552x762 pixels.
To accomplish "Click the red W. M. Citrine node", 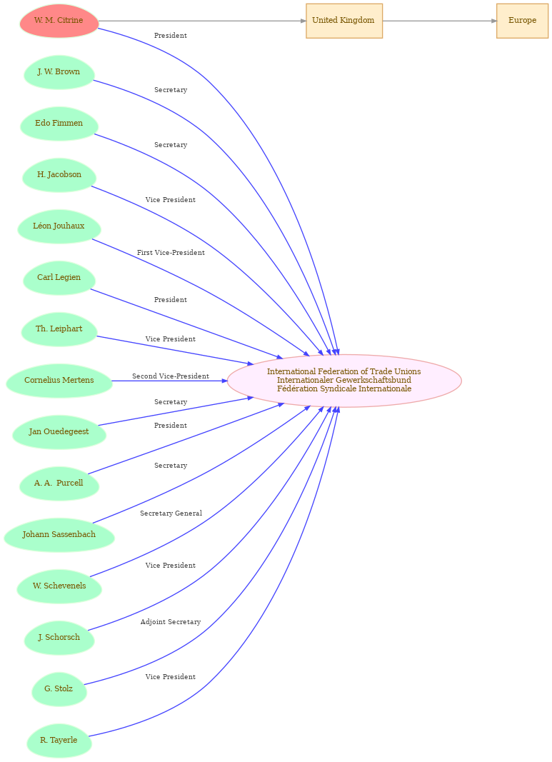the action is tap(59, 21).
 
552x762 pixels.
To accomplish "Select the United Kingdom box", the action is tap(344, 21).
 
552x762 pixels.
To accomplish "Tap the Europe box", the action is tap(522, 21).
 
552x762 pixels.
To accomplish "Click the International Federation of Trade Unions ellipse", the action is tap(344, 381).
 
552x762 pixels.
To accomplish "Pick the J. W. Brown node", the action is tap(59, 72).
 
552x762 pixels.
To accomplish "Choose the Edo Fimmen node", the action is tap(59, 124).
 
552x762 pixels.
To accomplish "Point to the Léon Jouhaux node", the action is tap(59, 226).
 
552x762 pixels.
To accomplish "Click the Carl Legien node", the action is tap(59, 278).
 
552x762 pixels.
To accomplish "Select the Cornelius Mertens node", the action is tap(59, 381).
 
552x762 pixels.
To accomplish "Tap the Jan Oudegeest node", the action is tap(59, 432).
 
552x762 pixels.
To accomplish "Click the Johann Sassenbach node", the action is tap(59, 535).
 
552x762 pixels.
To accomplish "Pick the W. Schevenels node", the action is tap(59, 586).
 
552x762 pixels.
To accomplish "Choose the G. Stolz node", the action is tap(59, 689).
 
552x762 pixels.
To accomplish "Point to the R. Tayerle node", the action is tap(59, 741).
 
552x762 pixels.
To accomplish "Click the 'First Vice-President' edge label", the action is tap(171, 253).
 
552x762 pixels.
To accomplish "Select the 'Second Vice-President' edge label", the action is tap(171, 376).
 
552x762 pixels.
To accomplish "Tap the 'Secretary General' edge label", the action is tap(171, 513).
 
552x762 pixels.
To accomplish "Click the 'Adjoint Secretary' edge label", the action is tap(171, 622).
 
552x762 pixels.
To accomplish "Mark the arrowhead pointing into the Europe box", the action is tap(493, 21).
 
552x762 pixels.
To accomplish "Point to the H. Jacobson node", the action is tap(59, 175).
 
